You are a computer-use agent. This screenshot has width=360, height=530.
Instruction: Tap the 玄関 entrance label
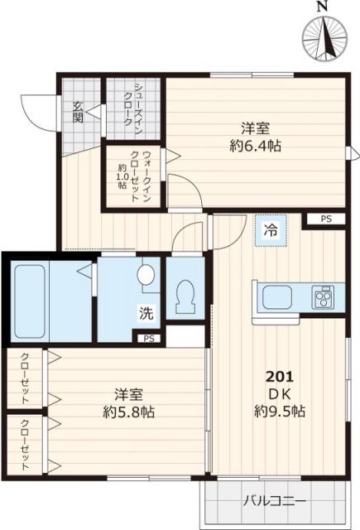pyautogui.click(x=77, y=111)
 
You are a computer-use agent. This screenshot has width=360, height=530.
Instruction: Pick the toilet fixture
pyautogui.click(x=185, y=292)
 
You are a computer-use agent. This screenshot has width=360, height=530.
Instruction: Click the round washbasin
pyautogui.click(x=147, y=275)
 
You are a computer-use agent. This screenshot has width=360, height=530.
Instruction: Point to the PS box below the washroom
pyautogui.click(x=148, y=338)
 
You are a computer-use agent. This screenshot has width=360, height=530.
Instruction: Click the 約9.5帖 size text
pyautogui.click(x=277, y=410)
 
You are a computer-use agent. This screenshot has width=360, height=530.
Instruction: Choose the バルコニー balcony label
pyautogui.click(x=275, y=501)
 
